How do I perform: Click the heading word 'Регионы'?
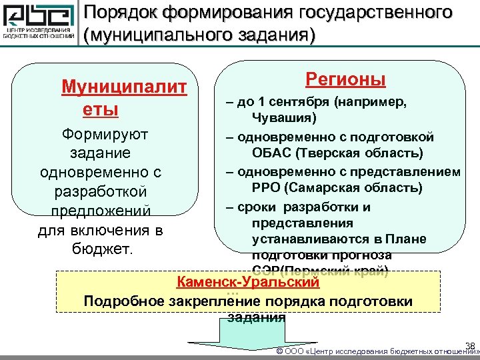coord(345,80)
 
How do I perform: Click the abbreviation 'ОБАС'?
coord(271,154)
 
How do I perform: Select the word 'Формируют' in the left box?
coord(105,134)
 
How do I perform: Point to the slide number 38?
coord(469,345)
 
